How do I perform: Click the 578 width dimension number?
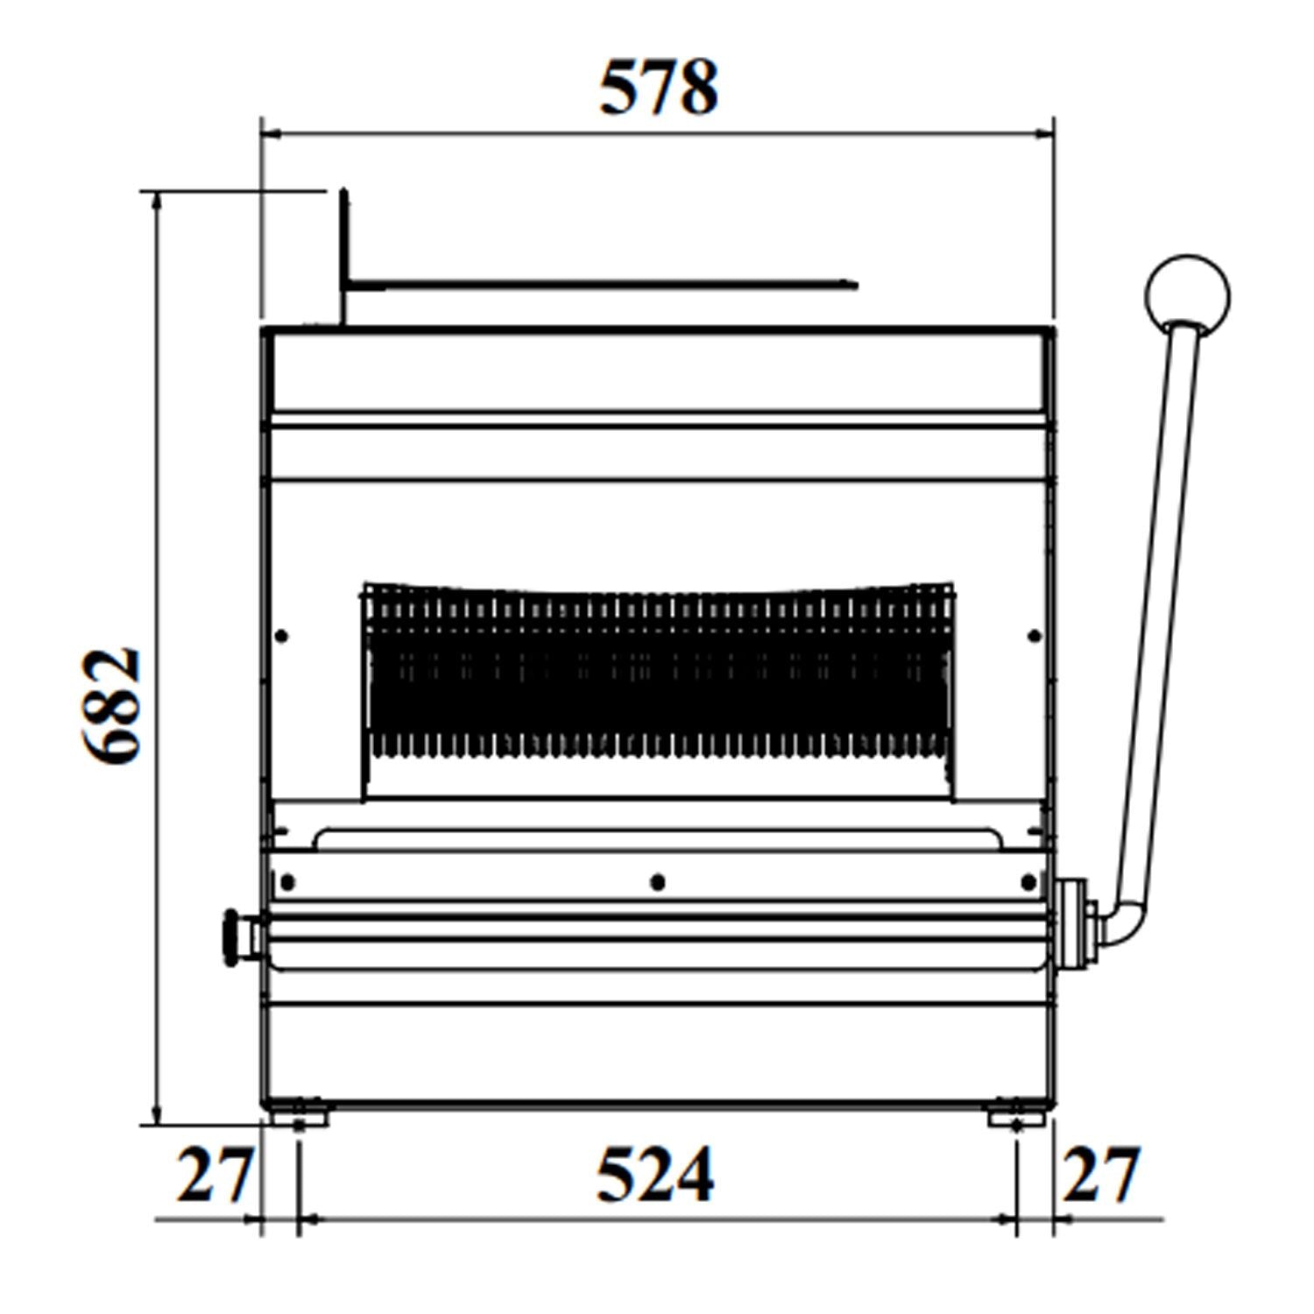click(659, 88)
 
